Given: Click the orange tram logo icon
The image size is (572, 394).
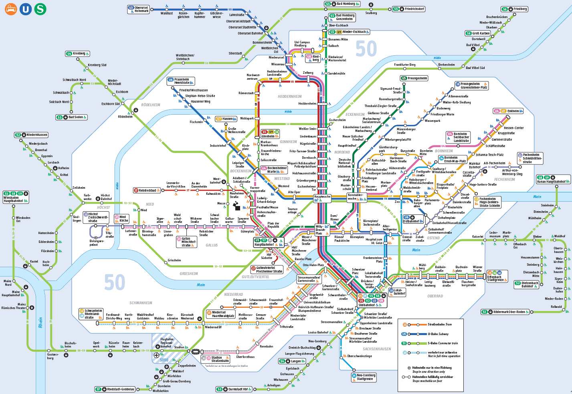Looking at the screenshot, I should click(11, 9).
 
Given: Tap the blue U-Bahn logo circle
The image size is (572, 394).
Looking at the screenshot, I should click(26, 9).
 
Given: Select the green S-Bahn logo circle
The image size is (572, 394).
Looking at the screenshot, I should click(40, 9).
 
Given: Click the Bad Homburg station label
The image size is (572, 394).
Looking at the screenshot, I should click(346, 4).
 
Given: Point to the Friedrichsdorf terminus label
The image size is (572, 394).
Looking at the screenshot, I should click(414, 9).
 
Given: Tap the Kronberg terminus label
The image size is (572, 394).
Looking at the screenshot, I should click(79, 54).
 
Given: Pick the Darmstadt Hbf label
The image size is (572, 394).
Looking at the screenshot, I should click(238, 389).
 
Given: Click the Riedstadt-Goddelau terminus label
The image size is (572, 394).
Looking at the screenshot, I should click(120, 389).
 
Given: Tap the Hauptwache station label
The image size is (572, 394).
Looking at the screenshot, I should click(322, 197).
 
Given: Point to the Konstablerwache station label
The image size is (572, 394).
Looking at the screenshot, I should click(355, 197).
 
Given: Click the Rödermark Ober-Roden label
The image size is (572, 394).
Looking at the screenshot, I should click(509, 312).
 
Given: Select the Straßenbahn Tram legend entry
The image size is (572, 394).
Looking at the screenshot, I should click(439, 325).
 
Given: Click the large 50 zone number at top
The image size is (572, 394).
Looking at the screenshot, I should click(366, 49).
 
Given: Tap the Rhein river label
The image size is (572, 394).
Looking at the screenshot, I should click(40, 323).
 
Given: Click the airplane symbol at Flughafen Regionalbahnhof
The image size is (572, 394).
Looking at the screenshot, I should click(156, 347).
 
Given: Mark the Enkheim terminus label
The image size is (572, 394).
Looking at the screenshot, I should click(513, 111).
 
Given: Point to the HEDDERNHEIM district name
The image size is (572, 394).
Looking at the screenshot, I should click(289, 97).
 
